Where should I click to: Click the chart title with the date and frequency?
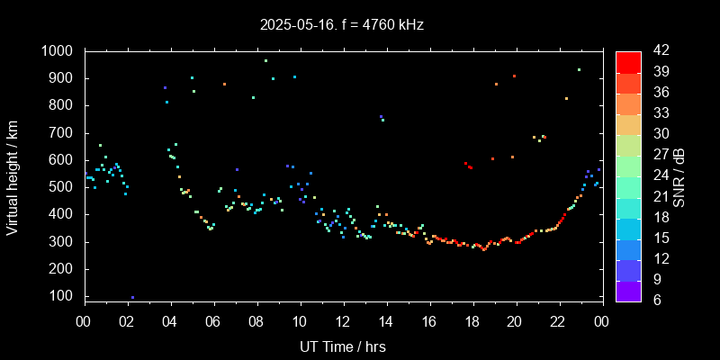pyautogui.click(x=341, y=25)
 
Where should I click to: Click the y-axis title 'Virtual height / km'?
pyautogui.click(x=13, y=175)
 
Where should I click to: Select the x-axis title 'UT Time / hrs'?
pyautogui.click(x=342, y=346)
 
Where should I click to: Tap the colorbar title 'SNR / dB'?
pyautogui.click(x=679, y=175)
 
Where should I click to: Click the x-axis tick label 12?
pyautogui.click(x=343, y=321)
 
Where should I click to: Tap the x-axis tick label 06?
pyautogui.click(x=213, y=321)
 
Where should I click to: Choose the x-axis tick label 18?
pyautogui.click(x=472, y=321)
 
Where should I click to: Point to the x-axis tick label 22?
pyautogui.click(x=558, y=321)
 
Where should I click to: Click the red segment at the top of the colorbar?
pyautogui.click(x=628, y=61)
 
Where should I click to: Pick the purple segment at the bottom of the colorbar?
pyautogui.click(x=628, y=291)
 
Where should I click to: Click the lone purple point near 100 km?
pyautogui.click(x=132, y=297)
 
